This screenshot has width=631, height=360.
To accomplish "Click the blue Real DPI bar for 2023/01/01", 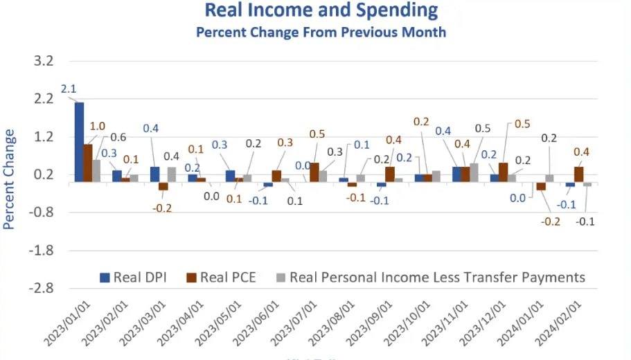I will (x=79, y=142).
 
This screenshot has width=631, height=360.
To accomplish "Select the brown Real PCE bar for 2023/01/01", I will (x=88, y=163).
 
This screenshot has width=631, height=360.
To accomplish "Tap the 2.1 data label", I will (x=68, y=89).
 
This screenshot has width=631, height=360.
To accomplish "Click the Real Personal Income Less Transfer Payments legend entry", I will (x=429, y=278).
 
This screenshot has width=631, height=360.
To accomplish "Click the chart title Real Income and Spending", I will (x=321, y=10).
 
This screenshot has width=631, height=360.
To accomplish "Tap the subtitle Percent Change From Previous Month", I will (x=321, y=32).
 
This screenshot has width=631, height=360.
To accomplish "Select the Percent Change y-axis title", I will (x=9, y=178).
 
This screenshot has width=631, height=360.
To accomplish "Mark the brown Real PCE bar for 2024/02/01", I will (x=578, y=174).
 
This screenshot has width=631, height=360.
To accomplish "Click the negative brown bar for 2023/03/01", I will (x=163, y=186).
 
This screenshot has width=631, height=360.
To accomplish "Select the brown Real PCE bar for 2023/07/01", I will (x=314, y=172).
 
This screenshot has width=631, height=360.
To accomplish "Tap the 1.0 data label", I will (x=98, y=126).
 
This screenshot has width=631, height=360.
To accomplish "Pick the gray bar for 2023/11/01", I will (x=474, y=172).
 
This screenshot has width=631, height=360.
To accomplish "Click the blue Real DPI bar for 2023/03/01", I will (x=154, y=174).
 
